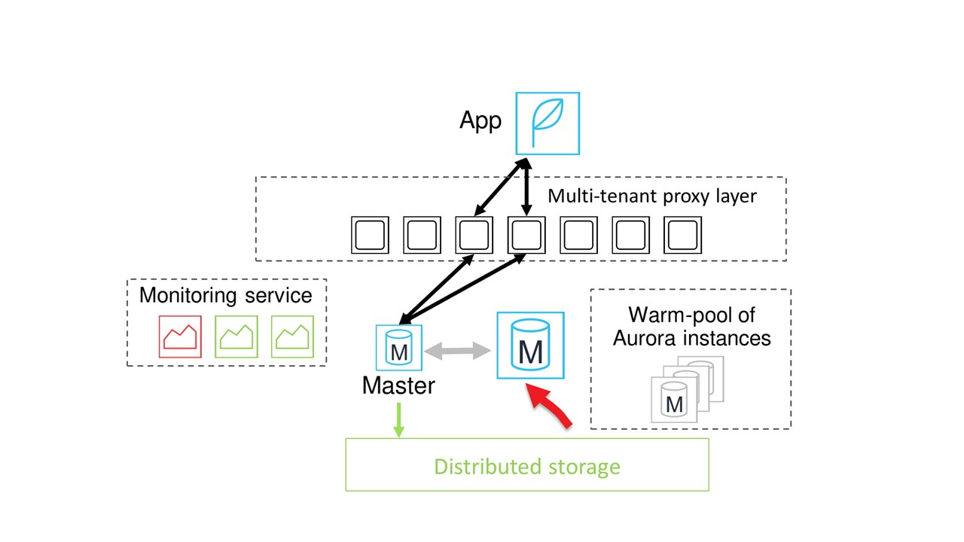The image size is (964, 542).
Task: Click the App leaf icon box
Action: [548, 123]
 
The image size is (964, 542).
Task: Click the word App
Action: [480, 120]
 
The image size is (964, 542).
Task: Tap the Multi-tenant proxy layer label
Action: [651, 196]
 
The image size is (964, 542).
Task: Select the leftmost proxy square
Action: [370, 235]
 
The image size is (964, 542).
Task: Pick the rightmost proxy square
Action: [682, 235]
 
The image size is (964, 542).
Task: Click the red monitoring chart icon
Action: [181, 336]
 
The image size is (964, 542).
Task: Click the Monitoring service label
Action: [226, 295]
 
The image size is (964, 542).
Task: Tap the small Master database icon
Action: [399, 348]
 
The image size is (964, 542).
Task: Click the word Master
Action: [398, 385]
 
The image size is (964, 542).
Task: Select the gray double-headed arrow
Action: [458, 351]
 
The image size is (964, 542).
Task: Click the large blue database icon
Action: [530, 346]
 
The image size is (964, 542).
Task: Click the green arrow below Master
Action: [399, 420]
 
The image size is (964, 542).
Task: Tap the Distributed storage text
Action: [527, 467]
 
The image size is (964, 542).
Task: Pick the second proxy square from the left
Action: [422, 235]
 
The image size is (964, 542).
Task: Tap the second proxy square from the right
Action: [630, 235]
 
